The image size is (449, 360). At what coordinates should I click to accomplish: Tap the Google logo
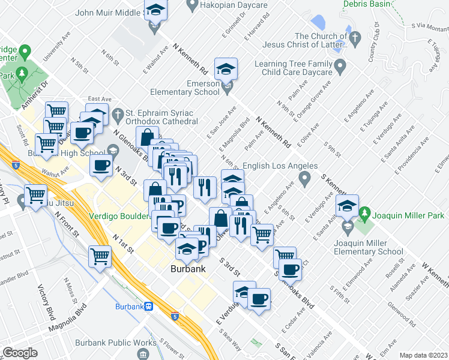pos(20,353)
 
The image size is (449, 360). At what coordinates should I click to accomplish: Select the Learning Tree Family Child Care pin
pos(340,64)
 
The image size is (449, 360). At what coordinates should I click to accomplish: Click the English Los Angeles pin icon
pos(305,178)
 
